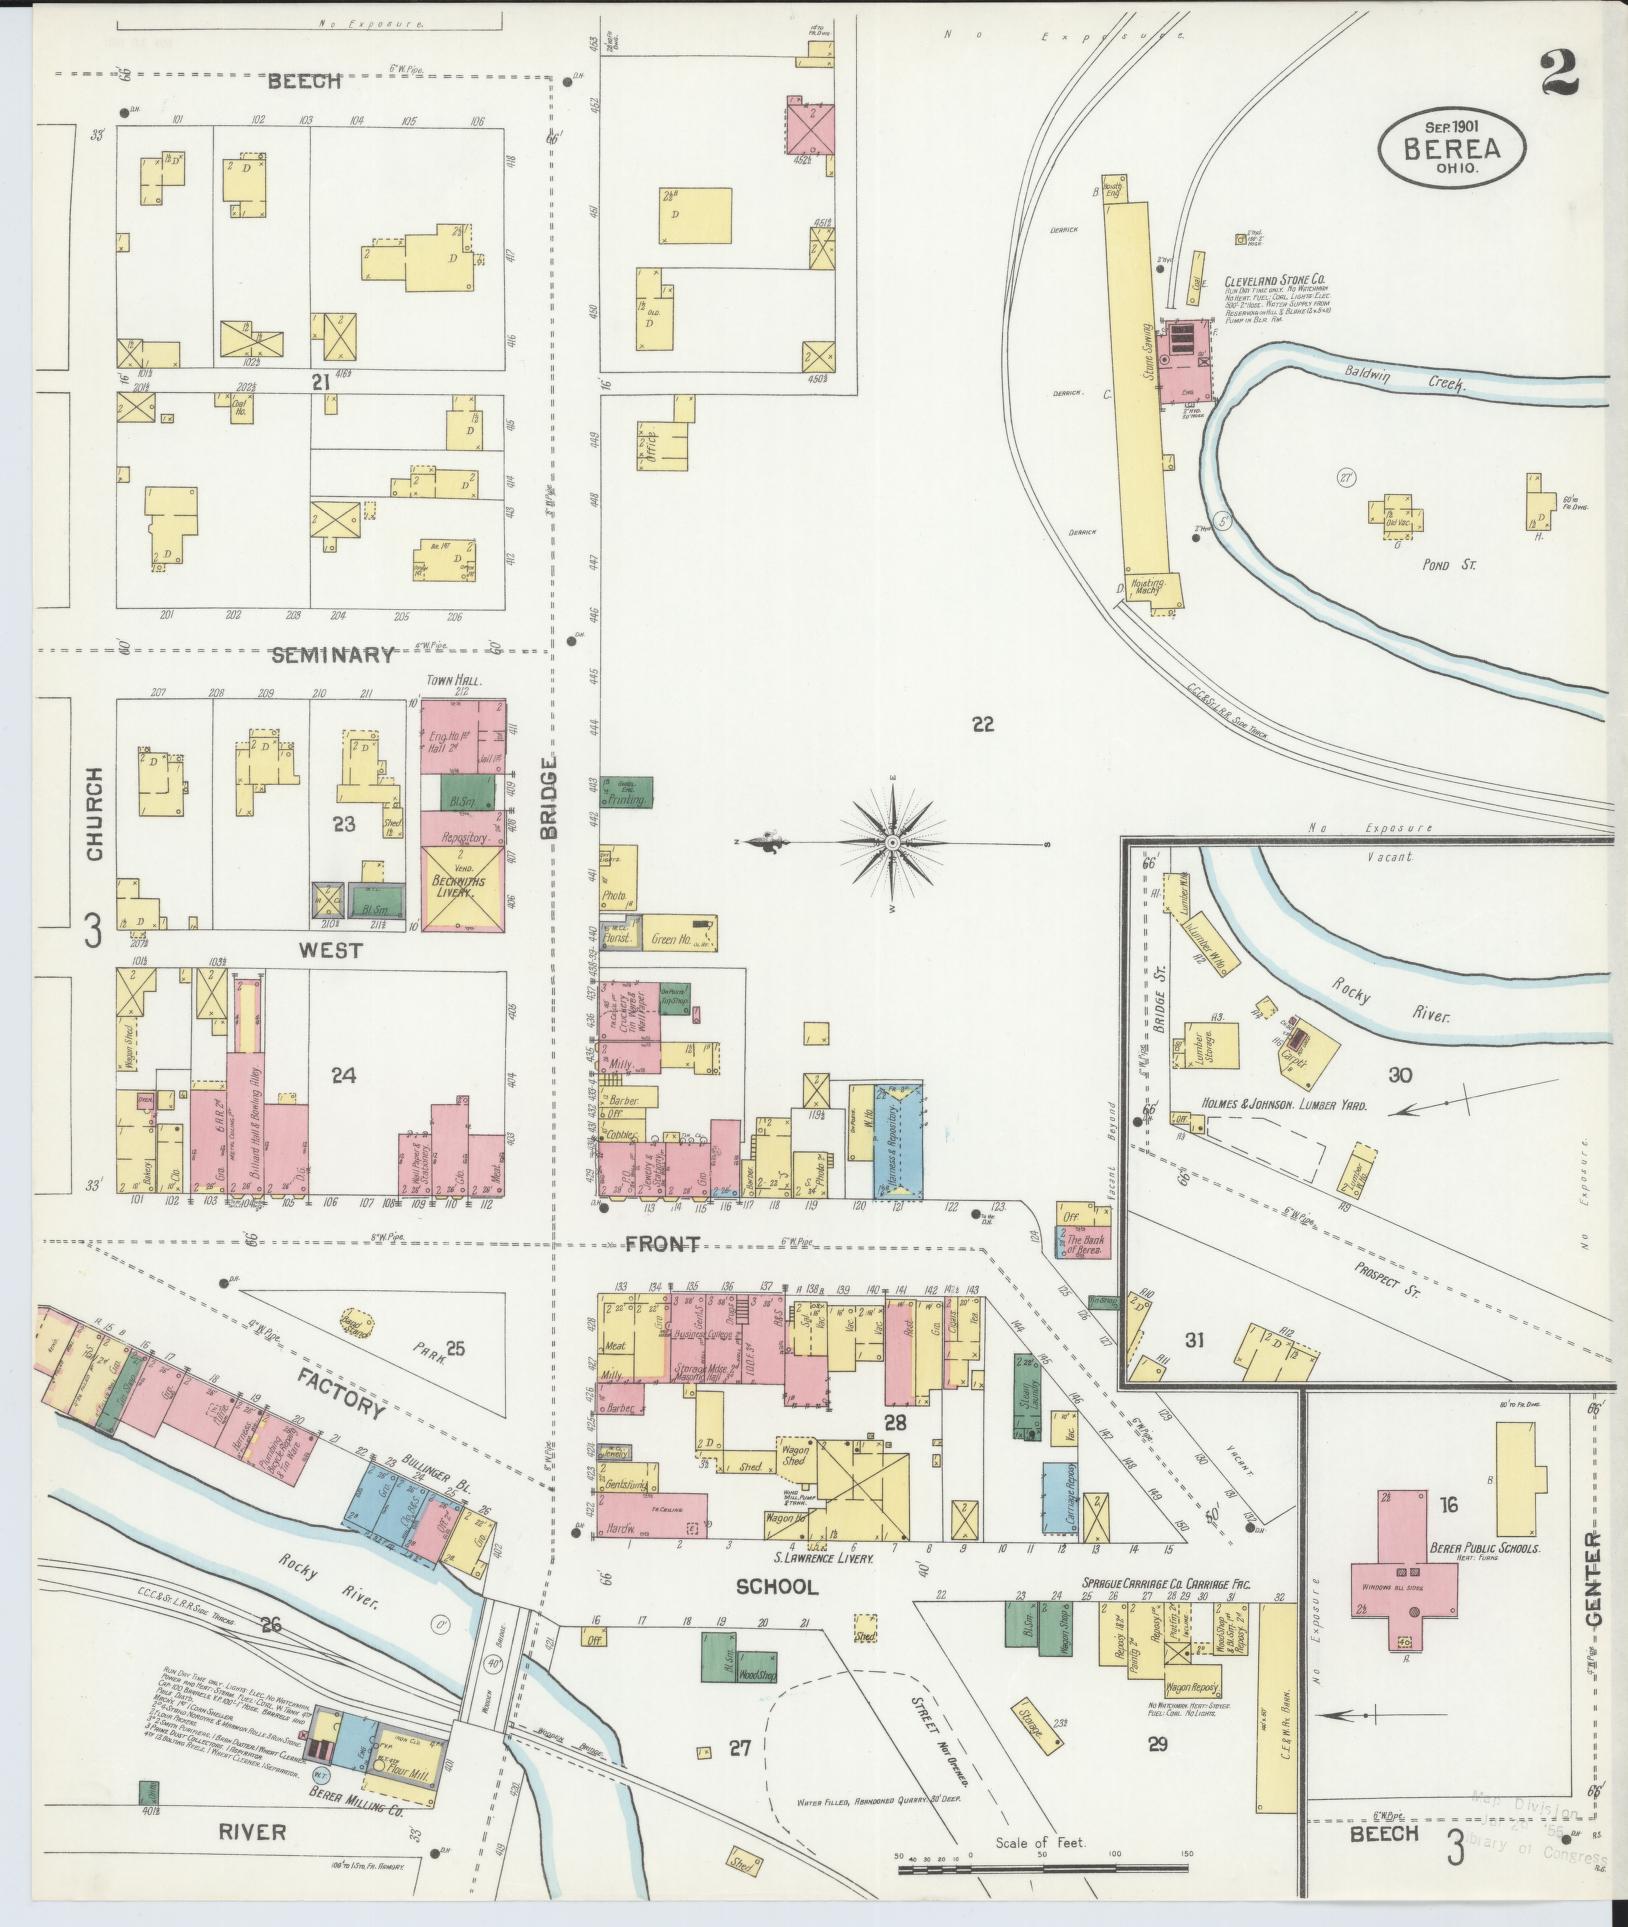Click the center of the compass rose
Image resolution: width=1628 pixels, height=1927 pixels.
pos(891,843)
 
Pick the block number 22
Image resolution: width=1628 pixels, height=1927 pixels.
pos(983,724)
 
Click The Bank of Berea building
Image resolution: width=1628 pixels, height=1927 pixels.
pos(1083,1244)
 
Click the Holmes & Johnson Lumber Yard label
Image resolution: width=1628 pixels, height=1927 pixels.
pos(1271,1106)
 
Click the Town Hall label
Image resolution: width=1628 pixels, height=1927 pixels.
pos(455,681)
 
